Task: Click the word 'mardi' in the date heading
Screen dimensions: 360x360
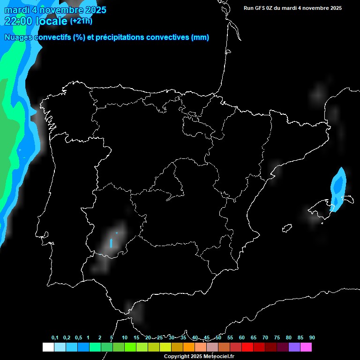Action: coord(15,10)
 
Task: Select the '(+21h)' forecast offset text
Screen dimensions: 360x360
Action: coord(81,21)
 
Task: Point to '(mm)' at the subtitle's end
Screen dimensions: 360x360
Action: coord(200,37)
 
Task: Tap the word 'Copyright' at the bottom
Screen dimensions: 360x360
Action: coord(175,357)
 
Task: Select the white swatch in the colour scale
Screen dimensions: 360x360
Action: coord(48,347)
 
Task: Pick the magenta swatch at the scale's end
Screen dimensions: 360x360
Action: coord(306,347)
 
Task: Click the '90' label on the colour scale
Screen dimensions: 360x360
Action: coord(312,337)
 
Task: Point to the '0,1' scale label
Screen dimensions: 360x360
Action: coord(55,337)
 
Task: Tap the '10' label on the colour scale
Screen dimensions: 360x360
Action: coord(125,337)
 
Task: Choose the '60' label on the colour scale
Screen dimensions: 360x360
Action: coord(242,337)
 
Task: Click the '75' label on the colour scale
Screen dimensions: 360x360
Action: coord(277,337)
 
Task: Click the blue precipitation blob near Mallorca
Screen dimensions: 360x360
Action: coord(338,187)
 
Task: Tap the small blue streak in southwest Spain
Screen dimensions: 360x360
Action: coord(111,243)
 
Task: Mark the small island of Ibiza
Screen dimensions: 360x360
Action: coord(286,228)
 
